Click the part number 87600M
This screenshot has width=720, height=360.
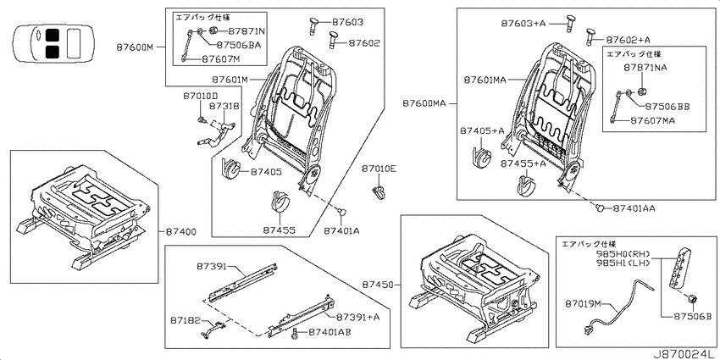(135, 47)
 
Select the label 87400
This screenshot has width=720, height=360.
(180, 232)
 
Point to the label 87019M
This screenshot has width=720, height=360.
(583, 303)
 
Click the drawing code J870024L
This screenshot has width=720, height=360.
(684, 354)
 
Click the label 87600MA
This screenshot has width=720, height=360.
(424, 104)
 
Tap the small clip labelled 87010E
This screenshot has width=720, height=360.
(379, 192)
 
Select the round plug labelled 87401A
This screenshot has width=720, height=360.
(342, 212)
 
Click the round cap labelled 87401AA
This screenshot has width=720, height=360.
(599, 208)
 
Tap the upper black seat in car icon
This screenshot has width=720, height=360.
(53, 36)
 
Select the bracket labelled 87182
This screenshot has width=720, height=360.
(211, 330)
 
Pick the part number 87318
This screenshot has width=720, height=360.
(224, 106)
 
